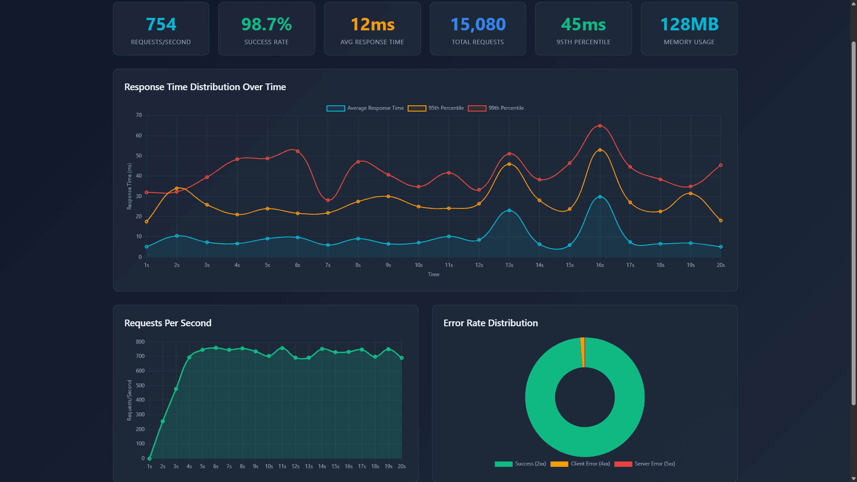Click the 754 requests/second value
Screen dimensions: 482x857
(161, 25)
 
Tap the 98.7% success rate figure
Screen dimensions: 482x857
(266, 25)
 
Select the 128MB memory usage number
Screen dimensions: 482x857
(689, 25)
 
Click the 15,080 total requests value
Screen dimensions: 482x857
(478, 25)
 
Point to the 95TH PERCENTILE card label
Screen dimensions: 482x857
(583, 42)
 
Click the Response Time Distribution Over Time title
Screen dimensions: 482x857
(205, 87)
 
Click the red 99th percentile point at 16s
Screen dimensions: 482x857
(600, 126)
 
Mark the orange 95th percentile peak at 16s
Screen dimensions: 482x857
(600, 150)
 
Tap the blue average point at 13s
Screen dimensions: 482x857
(509, 210)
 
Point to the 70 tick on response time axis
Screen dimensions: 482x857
(139, 115)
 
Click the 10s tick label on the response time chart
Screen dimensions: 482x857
(418, 265)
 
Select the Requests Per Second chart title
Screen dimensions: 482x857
(168, 323)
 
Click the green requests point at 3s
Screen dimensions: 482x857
(176, 389)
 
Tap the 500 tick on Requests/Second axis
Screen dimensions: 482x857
(140, 386)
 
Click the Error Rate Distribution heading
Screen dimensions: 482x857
(491, 323)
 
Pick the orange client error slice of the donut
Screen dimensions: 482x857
(582, 352)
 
